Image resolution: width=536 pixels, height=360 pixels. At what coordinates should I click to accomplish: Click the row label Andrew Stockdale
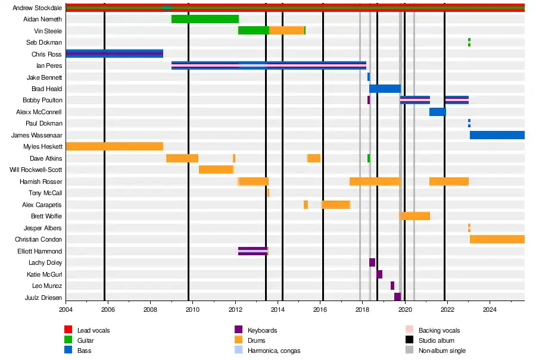point(37,8)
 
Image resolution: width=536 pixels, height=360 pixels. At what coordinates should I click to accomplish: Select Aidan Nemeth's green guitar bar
point(205,19)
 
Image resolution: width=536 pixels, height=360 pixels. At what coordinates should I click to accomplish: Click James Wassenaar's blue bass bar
point(497,135)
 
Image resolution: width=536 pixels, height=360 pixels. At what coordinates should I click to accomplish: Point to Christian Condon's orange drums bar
point(497,239)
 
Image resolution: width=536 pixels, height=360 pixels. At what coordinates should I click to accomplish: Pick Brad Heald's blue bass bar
point(385,89)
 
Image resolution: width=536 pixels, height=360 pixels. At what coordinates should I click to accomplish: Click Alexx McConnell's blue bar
point(437,112)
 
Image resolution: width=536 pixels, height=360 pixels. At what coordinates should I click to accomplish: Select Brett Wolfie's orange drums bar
point(415,216)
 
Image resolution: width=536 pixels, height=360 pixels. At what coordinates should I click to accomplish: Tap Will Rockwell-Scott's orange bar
point(216,170)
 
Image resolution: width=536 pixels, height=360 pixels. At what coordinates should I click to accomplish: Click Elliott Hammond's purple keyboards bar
point(253,251)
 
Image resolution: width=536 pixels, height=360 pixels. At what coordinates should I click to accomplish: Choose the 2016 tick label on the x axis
point(320,309)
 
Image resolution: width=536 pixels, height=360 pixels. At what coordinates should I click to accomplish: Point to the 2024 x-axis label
point(490,309)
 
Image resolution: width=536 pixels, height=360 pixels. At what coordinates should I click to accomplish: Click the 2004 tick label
point(66,309)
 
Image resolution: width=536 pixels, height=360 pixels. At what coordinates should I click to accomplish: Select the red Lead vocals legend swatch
point(68,330)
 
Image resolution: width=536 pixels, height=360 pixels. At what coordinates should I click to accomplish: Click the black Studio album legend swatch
point(409,340)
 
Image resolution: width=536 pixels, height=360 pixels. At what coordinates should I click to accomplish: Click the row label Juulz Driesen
point(43,298)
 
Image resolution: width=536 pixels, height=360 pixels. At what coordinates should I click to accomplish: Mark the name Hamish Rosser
point(40,181)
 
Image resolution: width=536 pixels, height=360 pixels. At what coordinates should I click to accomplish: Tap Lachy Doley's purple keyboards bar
point(372,262)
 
